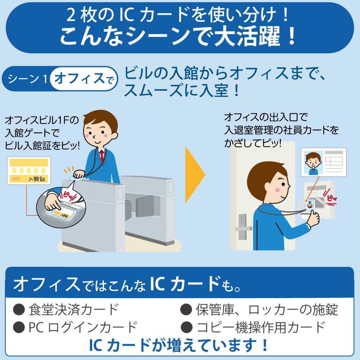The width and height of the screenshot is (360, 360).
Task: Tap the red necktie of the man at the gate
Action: [102, 156]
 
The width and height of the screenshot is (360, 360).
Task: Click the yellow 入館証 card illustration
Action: [29, 171]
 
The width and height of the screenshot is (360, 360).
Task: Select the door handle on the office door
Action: [243, 229]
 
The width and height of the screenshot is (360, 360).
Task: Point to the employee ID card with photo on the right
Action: [324, 162]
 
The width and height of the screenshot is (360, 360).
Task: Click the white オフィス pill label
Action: [84, 78]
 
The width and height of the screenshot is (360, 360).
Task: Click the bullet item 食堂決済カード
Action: [66, 310]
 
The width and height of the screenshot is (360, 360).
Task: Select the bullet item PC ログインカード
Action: [75, 327]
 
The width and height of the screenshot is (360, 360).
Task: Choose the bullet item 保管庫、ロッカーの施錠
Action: [259, 310]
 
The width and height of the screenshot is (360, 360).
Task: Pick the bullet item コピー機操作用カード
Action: [253, 327]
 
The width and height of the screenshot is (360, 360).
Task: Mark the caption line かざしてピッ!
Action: [253, 143]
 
